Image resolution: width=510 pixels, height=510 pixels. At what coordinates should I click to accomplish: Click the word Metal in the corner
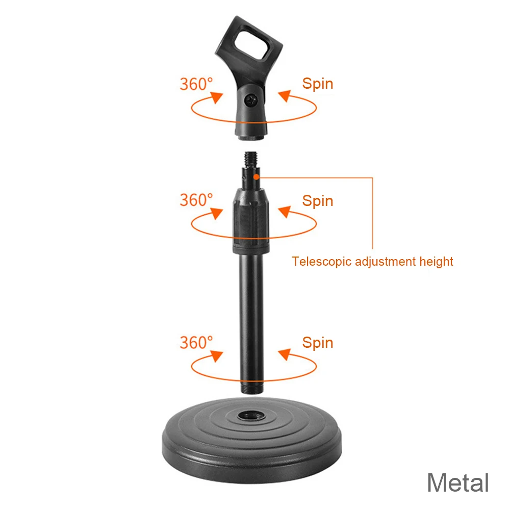click(457, 482)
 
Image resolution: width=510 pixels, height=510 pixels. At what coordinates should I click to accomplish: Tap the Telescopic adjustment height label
click(372, 262)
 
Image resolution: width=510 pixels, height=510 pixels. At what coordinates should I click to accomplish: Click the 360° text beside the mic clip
click(196, 84)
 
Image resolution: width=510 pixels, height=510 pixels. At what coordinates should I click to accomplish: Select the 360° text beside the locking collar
click(196, 200)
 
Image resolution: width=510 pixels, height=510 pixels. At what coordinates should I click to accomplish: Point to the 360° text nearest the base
click(196, 342)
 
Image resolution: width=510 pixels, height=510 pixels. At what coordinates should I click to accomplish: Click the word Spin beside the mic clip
click(317, 84)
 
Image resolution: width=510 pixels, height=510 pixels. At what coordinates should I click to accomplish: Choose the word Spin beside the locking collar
click(317, 200)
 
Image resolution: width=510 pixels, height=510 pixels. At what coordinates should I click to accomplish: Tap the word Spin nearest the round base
click(317, 343)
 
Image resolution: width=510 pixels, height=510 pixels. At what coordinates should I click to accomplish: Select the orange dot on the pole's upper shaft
click(256, 176)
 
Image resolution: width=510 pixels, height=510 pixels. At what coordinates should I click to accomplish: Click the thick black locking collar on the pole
click(252, 219)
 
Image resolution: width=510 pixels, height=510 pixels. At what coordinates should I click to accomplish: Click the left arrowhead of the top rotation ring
click(219, 98)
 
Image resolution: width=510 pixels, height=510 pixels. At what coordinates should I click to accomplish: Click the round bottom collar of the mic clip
click(252, 134)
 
